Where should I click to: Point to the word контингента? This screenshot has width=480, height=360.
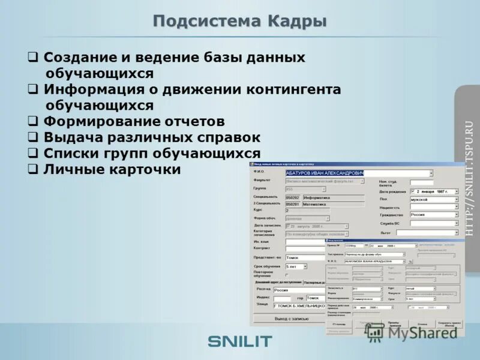[293, 89]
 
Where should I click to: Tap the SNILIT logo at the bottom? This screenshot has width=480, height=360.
[240, 341]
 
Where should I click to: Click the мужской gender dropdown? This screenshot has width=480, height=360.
[433, 199]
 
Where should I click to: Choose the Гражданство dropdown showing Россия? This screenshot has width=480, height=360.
[433, 214]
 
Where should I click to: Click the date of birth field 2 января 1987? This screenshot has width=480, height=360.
[433, 191]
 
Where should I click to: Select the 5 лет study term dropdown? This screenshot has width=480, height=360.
[296, 266]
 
